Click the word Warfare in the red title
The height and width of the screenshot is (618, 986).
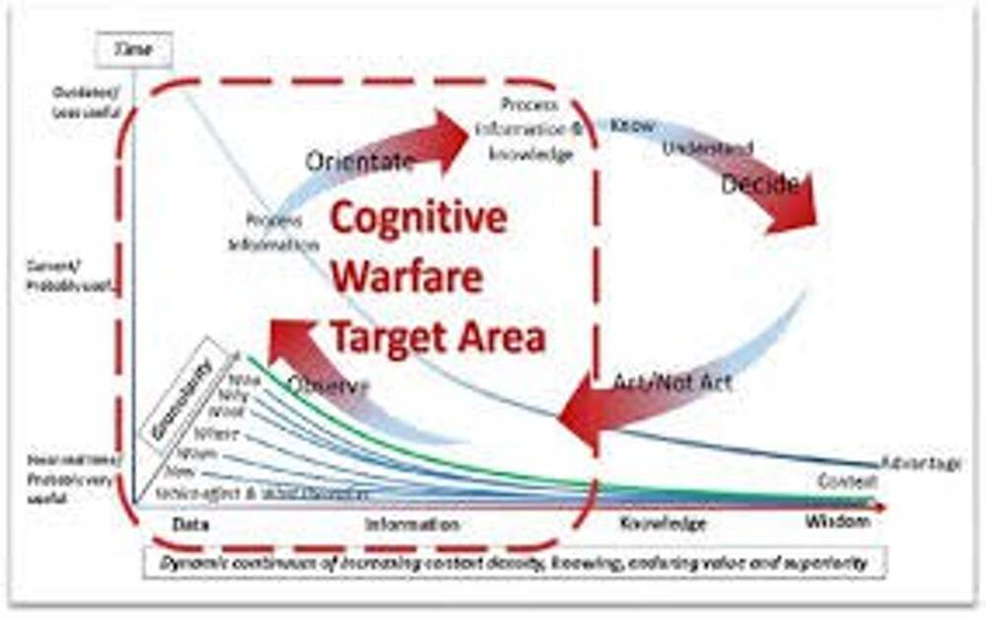click(406, 277)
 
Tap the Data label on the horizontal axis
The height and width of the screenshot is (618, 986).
click(190, 523)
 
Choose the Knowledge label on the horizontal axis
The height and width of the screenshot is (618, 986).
click(663, 523)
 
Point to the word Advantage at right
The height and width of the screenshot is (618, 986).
click(921, 462)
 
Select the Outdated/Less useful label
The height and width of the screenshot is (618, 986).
click(88, 101)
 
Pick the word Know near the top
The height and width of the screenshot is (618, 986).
click(630, 125)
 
